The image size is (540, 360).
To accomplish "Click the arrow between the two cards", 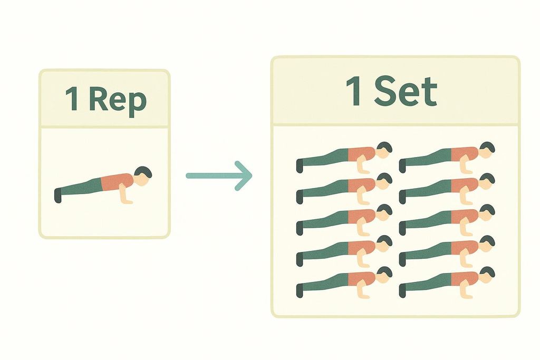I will [219, 176].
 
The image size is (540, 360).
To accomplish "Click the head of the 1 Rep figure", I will [142, 176].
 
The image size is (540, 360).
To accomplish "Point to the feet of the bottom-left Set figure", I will [300, 289].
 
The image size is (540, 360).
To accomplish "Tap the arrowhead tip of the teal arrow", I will [251, 176].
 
